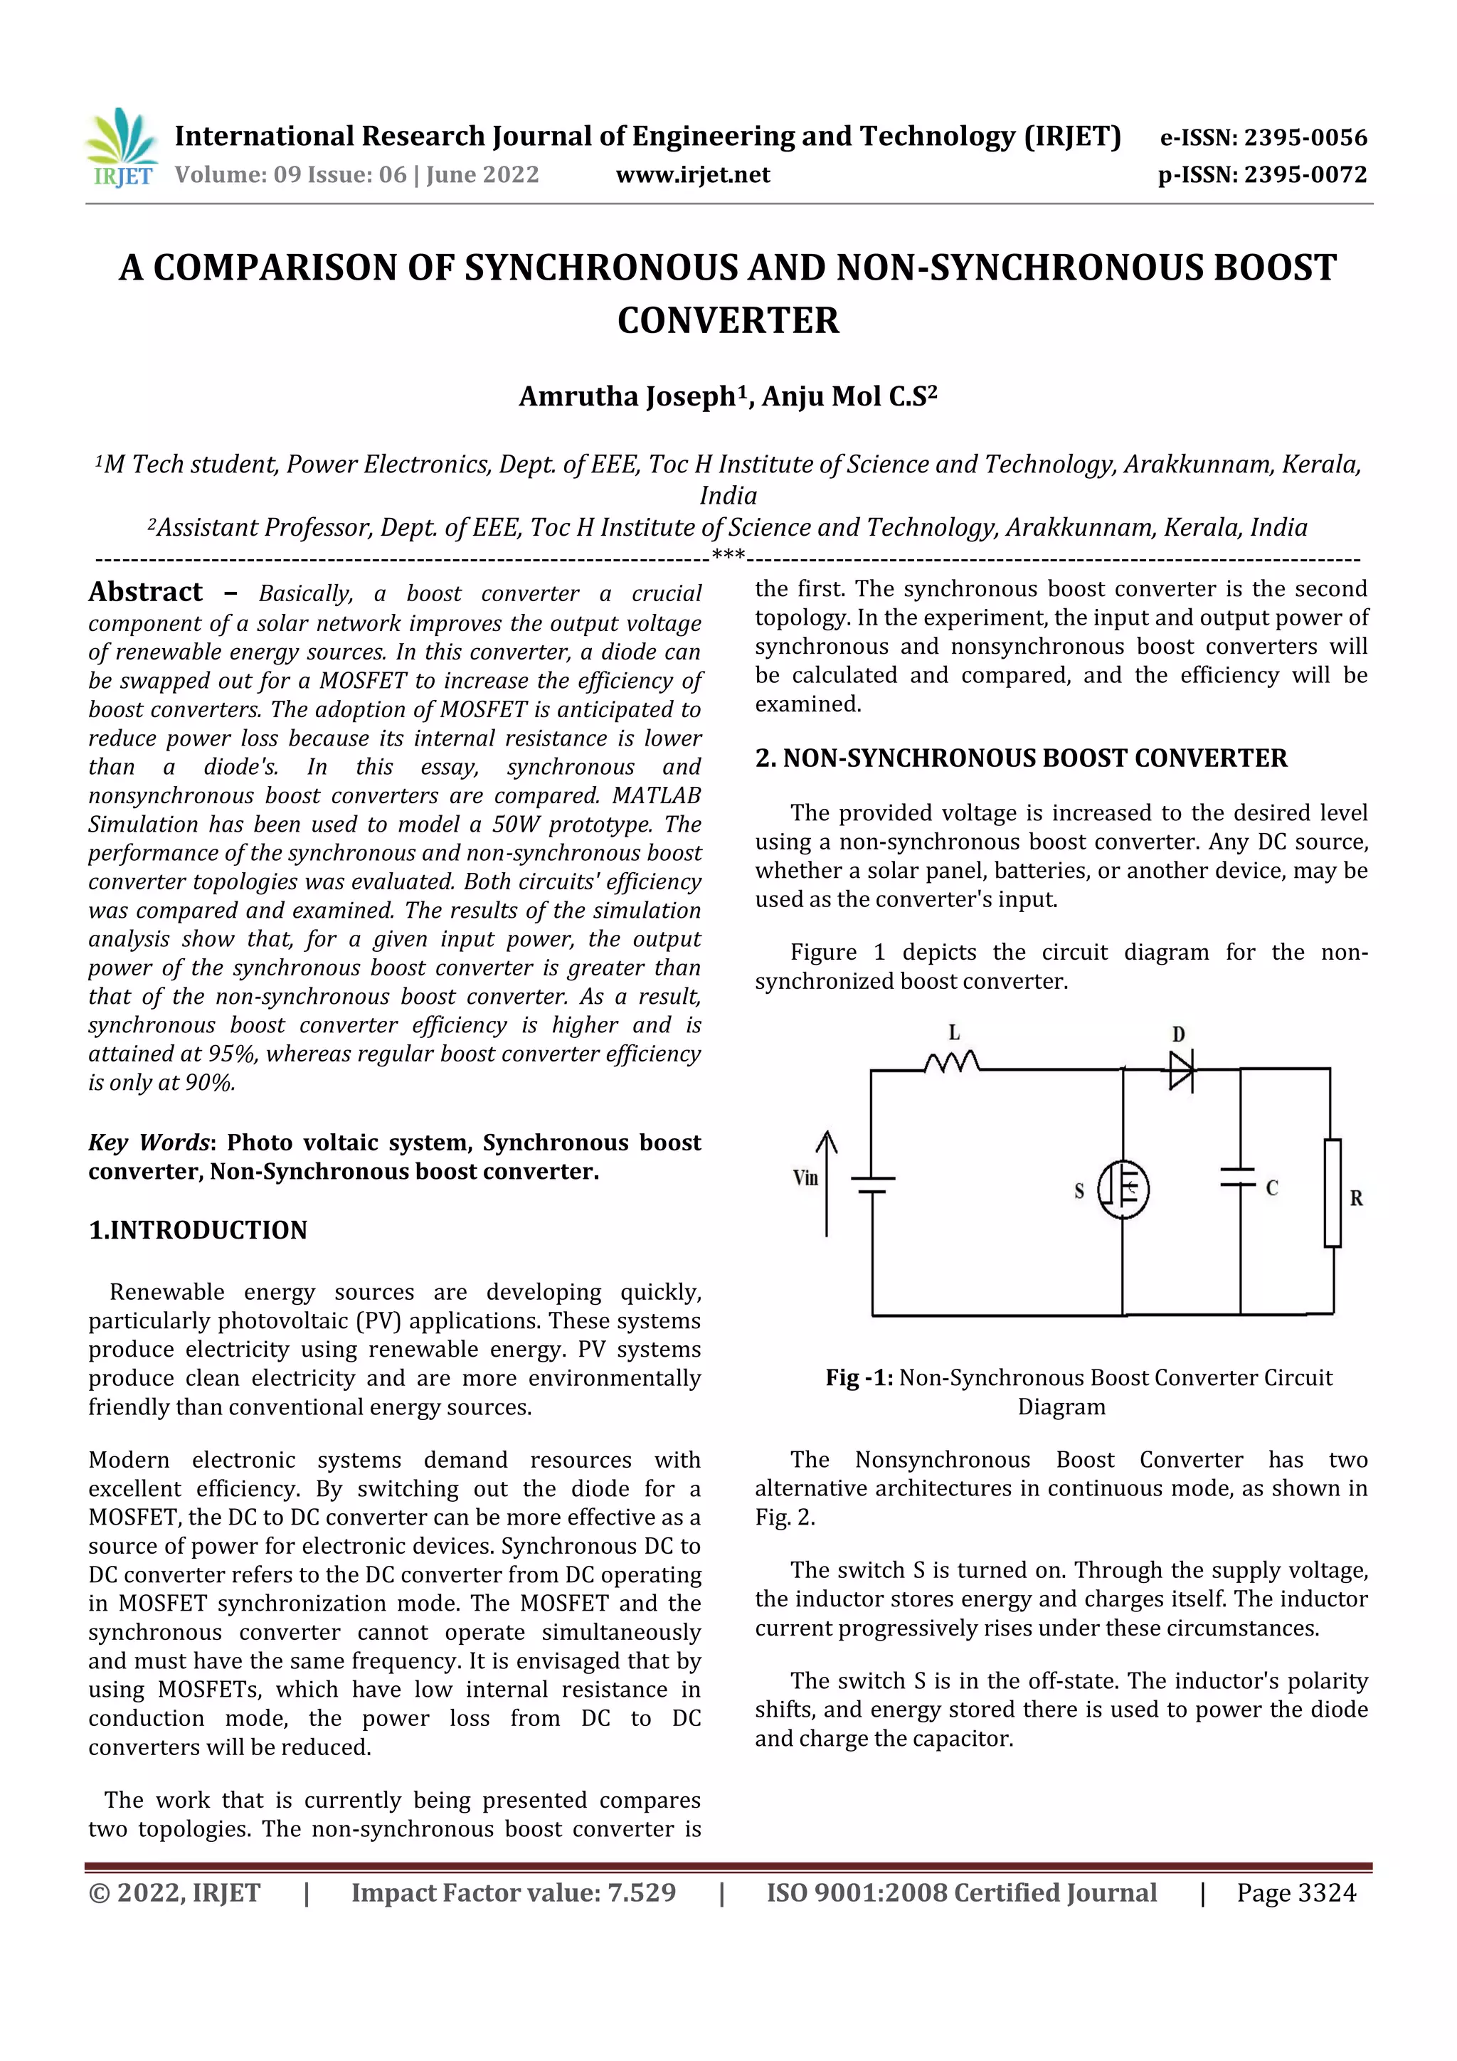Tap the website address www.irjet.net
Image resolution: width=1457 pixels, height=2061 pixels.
pyautogui.click(x=692, y=174)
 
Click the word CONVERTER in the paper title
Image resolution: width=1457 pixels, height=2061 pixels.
pyautogui.click(x=728, y=320)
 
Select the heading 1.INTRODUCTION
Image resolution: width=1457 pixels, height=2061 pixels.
pyautogui.click(x=198, y=1230)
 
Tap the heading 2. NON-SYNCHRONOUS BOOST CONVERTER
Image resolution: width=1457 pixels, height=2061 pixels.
pyautogui.click(x=1021, y=758)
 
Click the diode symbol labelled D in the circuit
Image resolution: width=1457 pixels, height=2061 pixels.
pyautogui.click(x=1180, y=1069)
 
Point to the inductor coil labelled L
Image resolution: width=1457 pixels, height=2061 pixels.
pyautogui.click(x=952, y=1063)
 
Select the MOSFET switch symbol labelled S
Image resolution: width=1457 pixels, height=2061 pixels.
pyautogui.click(x=1123, y=1190)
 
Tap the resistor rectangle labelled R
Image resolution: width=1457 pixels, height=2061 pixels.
pyautogui.click(x=1333, y=1192)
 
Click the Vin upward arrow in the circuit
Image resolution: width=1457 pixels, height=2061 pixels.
pyautogui.click(x=826, y=1183)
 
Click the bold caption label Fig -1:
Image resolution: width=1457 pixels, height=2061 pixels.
pyautogui.click(x=858, y=1377)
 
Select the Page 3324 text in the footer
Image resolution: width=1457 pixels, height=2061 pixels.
pyautogui.click(x=1296, y=1893)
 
